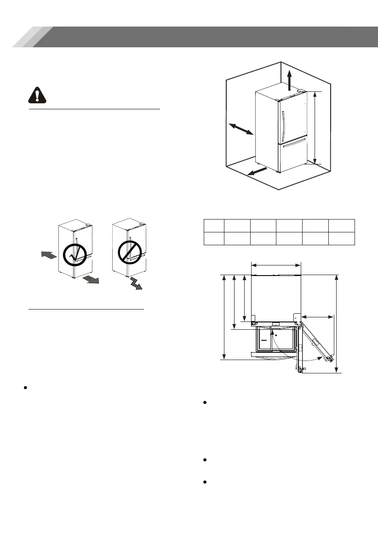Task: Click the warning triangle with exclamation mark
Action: tap(38, 95)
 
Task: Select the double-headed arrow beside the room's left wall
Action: tap(241, 129)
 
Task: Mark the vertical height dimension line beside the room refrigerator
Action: tap(315, 127)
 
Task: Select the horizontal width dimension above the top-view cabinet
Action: tap(276, 265)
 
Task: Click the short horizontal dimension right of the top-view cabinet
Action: tap(318, 316)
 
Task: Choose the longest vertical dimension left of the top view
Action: tap(224, 317)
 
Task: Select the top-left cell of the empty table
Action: tap(214, 226)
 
